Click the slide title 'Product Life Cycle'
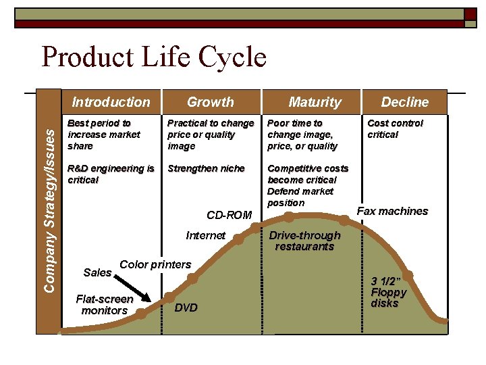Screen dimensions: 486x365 [x=154, y=57]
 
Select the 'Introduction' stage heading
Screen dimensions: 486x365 [x=111, y=102]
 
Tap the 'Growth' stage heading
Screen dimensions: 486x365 [x=210, y=102]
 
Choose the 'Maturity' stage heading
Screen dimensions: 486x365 [x=315, y=102]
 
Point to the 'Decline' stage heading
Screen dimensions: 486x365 [x=404, y=102]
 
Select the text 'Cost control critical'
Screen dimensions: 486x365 [x=395, y=128]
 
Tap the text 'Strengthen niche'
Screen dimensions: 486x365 [x=206, y=168]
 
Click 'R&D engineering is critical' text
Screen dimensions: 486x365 [x=111, y=174]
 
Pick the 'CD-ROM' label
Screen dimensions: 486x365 [x=229, y=215]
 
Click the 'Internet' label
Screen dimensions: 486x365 [x=205, y=235]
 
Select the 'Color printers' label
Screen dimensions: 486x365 [x=155, y=264]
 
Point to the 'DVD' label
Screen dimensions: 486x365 [x=186, y=308]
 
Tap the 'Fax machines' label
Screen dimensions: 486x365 [x=392, y=211]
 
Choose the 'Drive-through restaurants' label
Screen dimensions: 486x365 [x=304, y=241]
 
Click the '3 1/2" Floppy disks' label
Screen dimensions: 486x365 [x=389, y=292]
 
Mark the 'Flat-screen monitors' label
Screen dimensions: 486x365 [x=105, y=304]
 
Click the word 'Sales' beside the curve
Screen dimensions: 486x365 [x=97, y=272]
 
